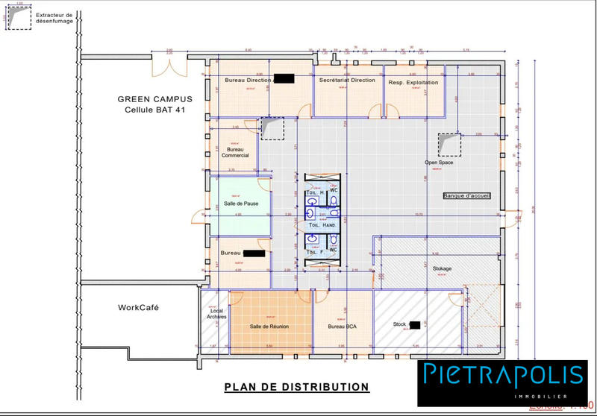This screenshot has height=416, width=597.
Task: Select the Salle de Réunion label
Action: coord(269,327)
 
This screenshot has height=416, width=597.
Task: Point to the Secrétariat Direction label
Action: coord(347,81)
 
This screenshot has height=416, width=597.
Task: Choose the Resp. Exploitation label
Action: coord(413,83)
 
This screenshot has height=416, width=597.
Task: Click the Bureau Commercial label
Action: coord(235,152)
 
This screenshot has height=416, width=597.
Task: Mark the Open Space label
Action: coord(440,162)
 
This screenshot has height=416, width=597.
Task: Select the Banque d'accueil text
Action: coord(466,196)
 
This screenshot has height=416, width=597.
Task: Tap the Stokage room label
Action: coord(442,268)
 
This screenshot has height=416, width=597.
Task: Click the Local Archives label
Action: coord(216,314)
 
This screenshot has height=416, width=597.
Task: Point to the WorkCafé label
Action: coord(138,307)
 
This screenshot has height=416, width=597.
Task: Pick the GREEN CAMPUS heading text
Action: coord(155,98)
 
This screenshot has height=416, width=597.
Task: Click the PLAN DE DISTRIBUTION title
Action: coord(297,387)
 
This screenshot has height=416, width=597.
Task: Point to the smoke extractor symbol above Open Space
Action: coord(448,144)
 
